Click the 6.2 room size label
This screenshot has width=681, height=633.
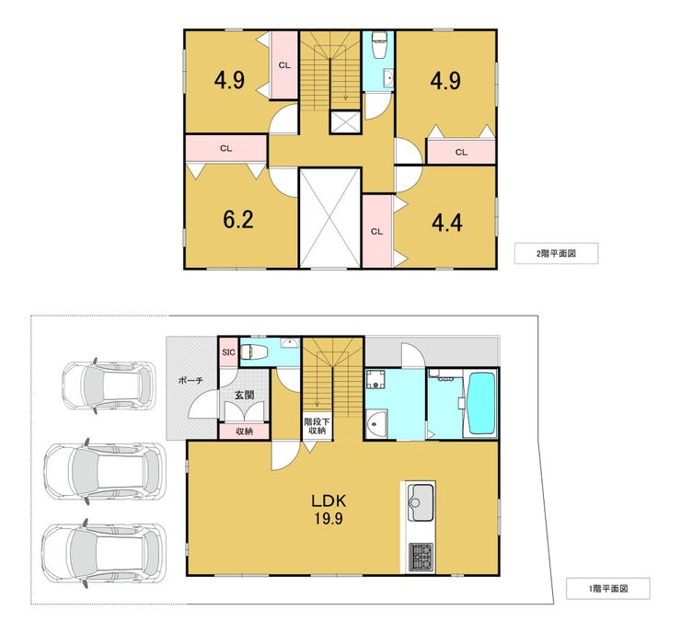tap(238, 220)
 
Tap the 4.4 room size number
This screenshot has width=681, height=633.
tap(447, 224)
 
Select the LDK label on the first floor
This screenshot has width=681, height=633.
tap(329, 501)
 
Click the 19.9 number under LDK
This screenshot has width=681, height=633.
tap(329, 518)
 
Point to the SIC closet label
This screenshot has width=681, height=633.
tap(228, 352)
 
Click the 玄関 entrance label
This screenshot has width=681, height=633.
tap(244, 395)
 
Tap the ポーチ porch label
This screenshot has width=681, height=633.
tap(190, 381)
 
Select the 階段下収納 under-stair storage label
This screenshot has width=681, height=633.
tap(317, 426)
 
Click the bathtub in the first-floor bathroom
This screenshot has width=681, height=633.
tap(480, 403)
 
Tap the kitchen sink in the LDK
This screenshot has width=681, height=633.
tap(421, 502)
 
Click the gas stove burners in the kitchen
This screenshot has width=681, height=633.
tap(421, 557)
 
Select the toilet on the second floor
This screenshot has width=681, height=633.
tap(379, 45)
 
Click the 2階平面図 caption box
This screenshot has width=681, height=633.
tap(557, 253)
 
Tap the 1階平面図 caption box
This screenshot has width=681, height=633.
tap(608, 589)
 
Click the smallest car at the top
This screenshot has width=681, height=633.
tap(109, 386)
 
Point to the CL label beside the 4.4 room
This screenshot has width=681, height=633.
tap(377, 232)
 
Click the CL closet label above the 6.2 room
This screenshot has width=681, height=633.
tap(225, 148)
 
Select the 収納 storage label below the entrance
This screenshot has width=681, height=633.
tap(244, 432)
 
